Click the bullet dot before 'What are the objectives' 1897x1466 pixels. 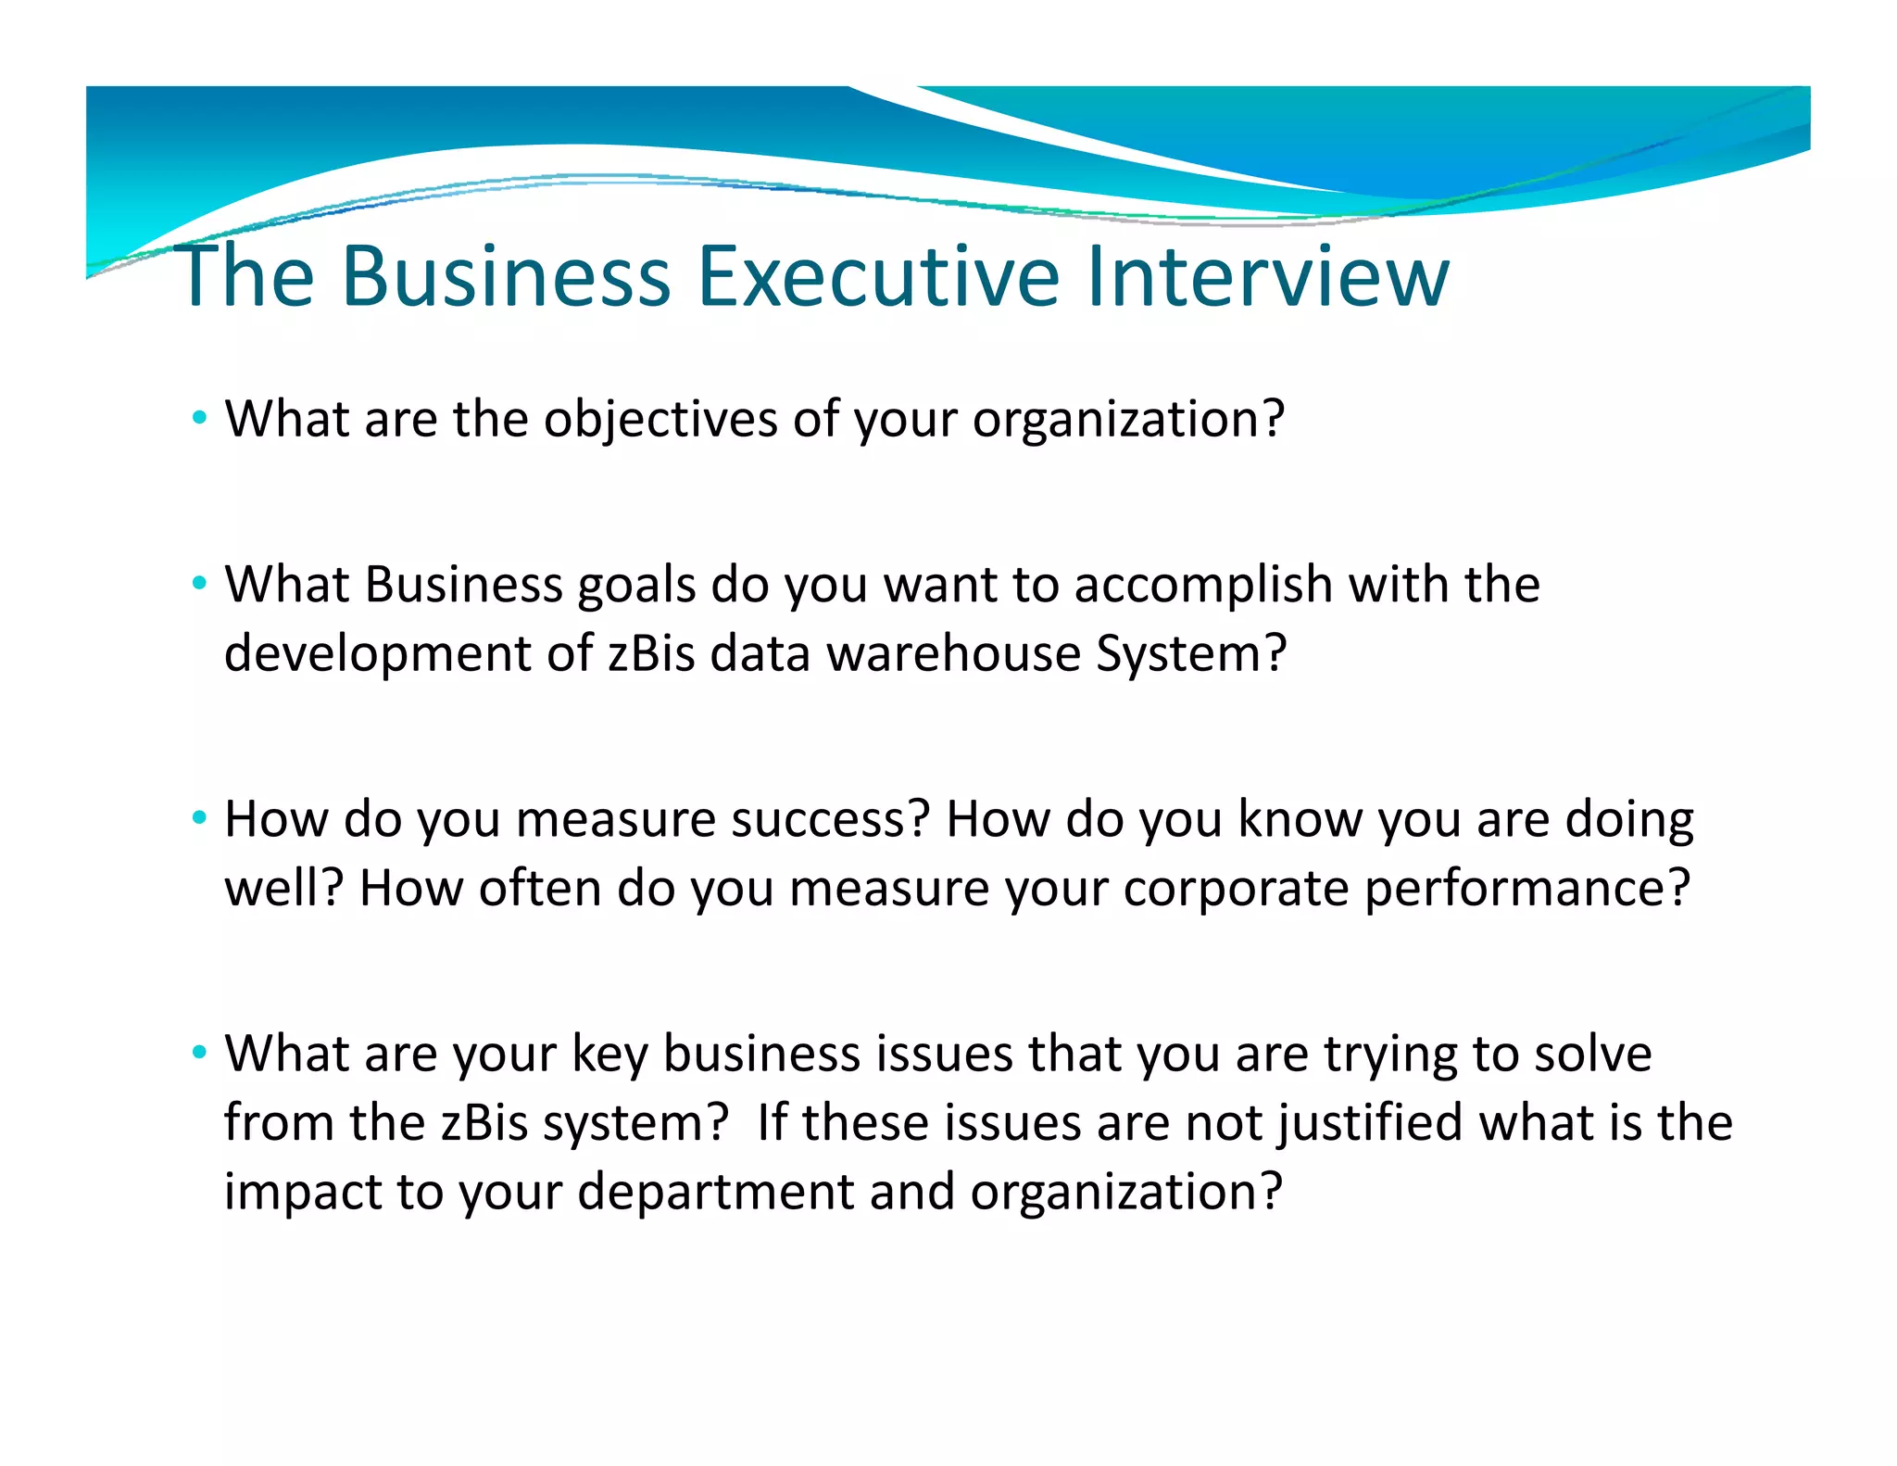199,419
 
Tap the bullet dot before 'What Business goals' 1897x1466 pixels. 199,585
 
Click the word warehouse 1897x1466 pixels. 953,654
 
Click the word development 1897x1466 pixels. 377,654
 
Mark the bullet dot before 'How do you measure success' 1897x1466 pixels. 199,819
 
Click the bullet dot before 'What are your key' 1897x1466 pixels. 199,1054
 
